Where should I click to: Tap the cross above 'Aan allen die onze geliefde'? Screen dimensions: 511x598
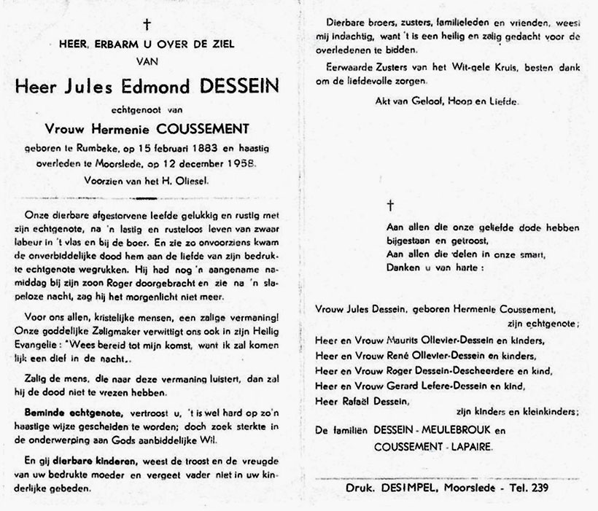pos(389,206)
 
